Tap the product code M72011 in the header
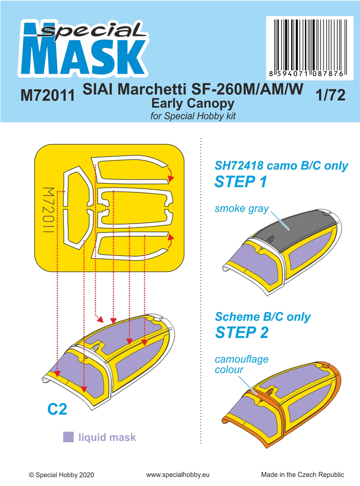[48, 96]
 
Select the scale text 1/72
[330, 95]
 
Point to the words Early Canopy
[192, 103]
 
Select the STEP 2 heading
[241, 332]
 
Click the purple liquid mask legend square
[69, 437]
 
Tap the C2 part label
[57, 409]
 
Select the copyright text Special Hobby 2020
[62, 475]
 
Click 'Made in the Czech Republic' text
[302, 475]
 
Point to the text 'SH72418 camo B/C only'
[282, 166]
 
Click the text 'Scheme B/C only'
[263, 317]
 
